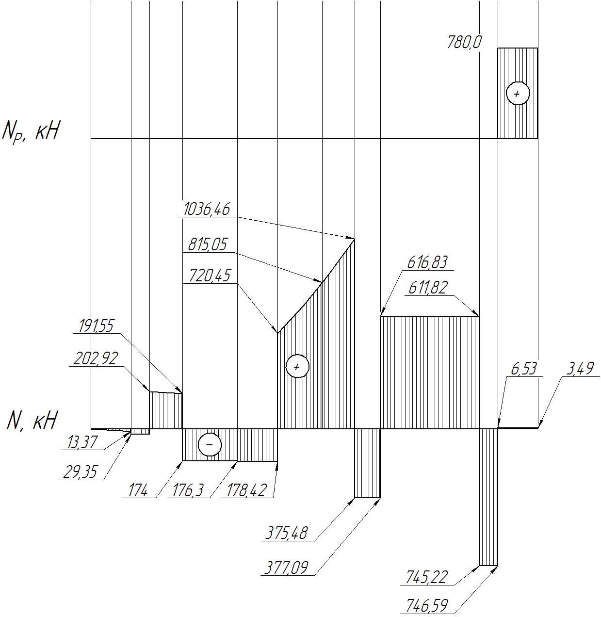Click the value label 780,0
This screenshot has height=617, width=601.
coord(464,42)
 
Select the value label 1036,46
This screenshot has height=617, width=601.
coord(207,209)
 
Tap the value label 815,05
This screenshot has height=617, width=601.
coord(208,244)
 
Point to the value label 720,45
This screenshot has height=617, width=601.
coord(210,275)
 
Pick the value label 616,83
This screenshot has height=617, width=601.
coord(427,262)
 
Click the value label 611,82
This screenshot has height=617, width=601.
coord(428,288)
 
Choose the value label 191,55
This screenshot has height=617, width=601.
coord(96,325)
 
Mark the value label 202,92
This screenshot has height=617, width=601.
coord(96,358)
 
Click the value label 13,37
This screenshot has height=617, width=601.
coord(82,442)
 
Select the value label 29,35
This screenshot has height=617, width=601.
coord(80,472)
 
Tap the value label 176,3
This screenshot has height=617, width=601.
coord(188,490)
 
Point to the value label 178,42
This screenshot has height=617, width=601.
coord(246,490)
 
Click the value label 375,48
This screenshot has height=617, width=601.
coord(286,533)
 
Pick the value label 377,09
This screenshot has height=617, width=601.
coord(286,568)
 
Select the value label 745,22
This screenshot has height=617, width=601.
coord(427,577)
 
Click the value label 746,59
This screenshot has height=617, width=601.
coord(427,605)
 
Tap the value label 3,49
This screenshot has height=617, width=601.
coord(580,369)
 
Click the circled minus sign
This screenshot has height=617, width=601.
coord(210,444)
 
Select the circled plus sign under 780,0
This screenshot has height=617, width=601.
coord(518,94)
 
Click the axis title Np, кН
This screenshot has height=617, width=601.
coord(31,131)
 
